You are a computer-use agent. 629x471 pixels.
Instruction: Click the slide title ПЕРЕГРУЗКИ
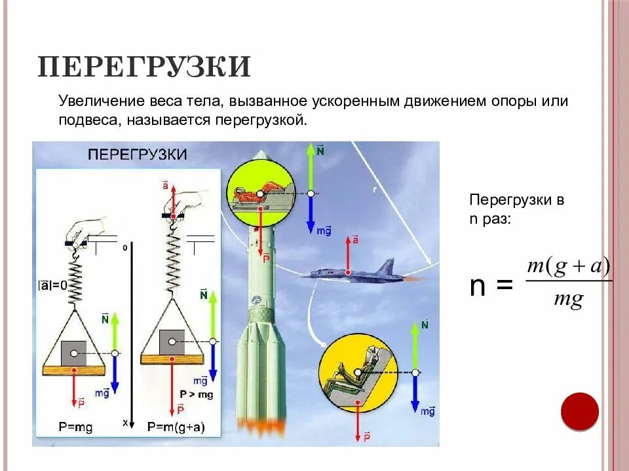(x=144, y=67)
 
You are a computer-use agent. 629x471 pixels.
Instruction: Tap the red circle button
(x=580, y=411)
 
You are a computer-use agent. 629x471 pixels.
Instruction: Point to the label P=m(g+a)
(x=176, y=427)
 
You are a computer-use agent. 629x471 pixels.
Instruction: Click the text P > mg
(x=197, y=394)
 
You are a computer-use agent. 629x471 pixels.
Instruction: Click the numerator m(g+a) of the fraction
(x=568, y=267)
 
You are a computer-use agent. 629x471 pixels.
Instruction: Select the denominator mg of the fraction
(x=568, y=300)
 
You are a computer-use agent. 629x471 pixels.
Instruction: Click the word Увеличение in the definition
(x=91, y=102)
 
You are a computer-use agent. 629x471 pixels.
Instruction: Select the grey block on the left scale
(x=74, y=354)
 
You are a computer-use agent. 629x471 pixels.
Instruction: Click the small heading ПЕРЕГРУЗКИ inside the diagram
(x=138, y=155)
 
